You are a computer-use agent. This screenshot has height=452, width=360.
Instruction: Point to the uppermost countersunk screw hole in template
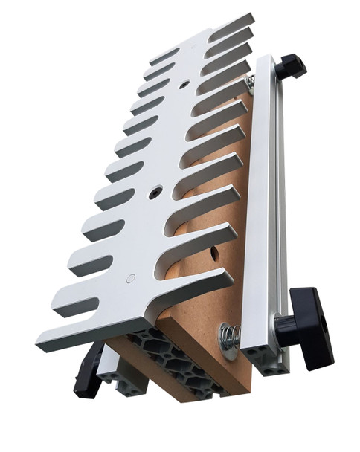coord(184,85)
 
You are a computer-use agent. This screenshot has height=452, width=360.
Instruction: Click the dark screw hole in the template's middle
coord(155,193)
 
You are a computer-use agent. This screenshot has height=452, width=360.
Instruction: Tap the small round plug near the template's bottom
coord(131,279)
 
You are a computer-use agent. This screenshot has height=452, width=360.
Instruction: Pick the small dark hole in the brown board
coord(216,255)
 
